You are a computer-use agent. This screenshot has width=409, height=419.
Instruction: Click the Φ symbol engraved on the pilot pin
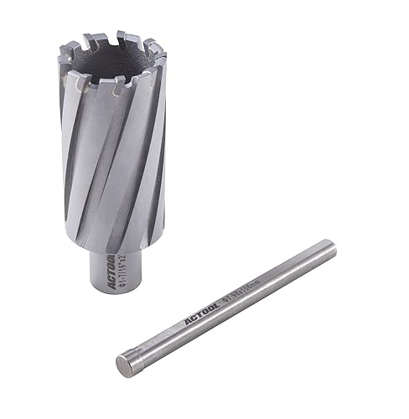point(225,298)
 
